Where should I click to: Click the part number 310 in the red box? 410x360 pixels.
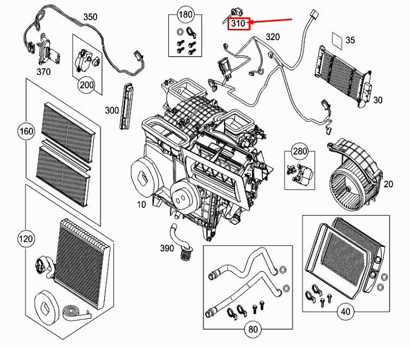coord(238,23)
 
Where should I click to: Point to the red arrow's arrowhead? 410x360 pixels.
coord(248,22)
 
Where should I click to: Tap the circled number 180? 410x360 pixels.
coord(185,14)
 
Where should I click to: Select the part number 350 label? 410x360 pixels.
coord(90,17)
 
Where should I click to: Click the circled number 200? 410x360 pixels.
coord(87,85)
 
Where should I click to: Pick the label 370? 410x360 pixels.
coord(43,71)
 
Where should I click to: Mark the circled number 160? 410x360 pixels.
coord(27,131)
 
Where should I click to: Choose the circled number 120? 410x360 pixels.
coord(26,239)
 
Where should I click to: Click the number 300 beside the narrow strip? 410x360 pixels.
coord(112,110)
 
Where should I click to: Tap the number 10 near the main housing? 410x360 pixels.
coord(141,205)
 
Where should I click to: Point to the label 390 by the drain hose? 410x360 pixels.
coord(167,248)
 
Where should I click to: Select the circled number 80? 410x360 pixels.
coord(253,329)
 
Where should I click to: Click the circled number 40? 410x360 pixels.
coord(346,312)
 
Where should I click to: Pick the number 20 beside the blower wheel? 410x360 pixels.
coord(388,184)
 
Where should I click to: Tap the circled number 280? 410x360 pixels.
coord(300,151)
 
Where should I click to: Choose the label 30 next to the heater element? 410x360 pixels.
coord(378,100)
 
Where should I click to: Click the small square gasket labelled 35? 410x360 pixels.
coord(337,41)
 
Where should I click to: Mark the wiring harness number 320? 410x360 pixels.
coord(273,37)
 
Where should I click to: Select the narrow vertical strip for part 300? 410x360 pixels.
coord(127,106)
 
